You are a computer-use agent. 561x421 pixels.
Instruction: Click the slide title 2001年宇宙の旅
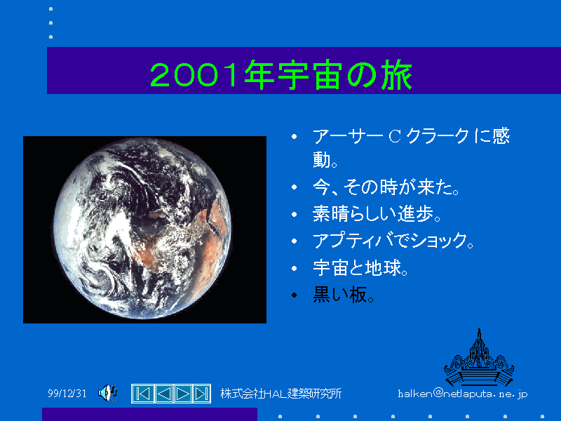point(281,75)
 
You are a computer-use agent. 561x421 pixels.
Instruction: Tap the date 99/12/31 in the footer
point(67,394)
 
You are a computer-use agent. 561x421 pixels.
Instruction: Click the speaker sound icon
point(108,393)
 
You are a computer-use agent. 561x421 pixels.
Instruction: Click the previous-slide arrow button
point(164,394)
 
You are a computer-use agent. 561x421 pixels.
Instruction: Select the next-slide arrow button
point(182,394)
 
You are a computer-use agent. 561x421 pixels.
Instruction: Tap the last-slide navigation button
point(201,394)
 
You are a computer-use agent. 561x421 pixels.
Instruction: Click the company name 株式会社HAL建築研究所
point(281,394)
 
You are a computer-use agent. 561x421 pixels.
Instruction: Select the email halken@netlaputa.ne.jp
point(463,394)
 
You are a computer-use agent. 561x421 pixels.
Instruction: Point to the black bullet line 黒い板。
point(344,295)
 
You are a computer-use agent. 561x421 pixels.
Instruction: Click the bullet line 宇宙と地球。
point(360,268)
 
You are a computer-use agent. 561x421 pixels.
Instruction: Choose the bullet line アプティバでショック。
point(393,240)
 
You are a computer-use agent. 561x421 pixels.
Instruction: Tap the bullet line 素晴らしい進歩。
point(377,214)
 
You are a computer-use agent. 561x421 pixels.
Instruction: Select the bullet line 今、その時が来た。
point(386,187)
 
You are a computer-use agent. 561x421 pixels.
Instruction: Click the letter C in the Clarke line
point(394,137)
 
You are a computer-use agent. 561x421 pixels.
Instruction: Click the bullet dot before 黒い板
point(294,295)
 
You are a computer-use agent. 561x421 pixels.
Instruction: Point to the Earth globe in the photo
point(142,228)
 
